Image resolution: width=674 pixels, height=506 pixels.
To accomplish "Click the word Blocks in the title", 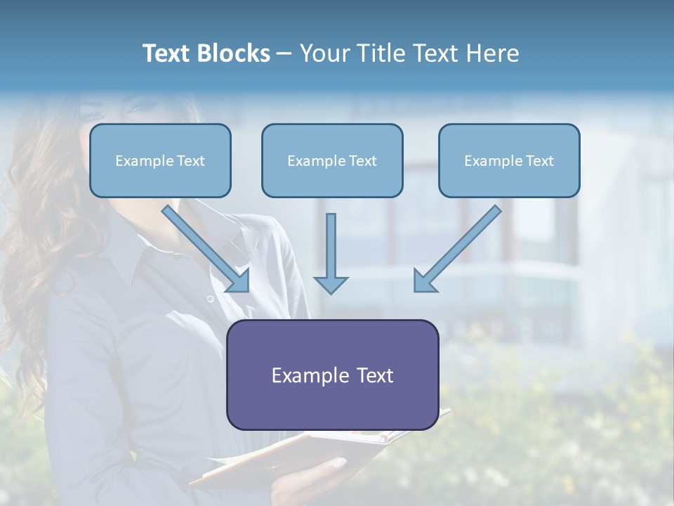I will click(x=234, y=53).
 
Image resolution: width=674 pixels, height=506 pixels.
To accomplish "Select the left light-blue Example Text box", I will click(x=160, y=161).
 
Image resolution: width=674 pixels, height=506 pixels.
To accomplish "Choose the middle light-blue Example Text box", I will click(x=332, y=161).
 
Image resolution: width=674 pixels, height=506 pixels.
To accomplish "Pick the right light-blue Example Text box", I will click(x=509, y=161).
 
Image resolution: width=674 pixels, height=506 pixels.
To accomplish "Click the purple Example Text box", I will click(x=332, y=375).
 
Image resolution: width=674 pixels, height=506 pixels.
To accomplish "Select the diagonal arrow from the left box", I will click(x=204, y=246).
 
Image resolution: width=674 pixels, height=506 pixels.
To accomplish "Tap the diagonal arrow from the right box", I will click(x=460, y=246).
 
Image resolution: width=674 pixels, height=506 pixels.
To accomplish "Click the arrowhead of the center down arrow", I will click(x=331, y=284).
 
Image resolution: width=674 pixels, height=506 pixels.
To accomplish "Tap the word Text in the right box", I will click(x=539, y=161).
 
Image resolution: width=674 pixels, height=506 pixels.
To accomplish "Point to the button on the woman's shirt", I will click(x=210, y=299).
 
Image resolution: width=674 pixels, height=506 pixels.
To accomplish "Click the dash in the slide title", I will click(x=284, y=53).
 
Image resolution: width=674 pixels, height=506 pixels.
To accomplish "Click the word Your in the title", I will click(x=324, y=53).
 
